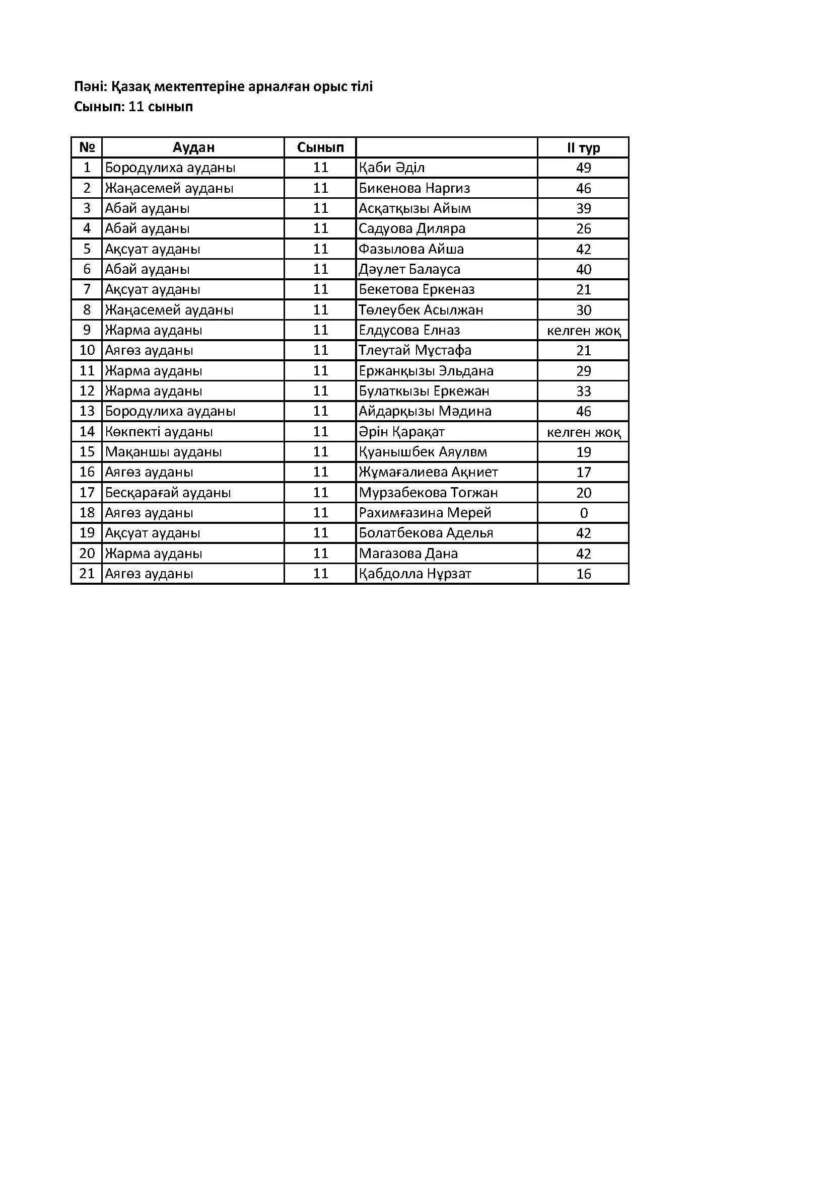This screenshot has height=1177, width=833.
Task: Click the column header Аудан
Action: pyautogui.click(x=193, y=147)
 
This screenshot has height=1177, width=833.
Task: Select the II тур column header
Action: pyautogui.click(x=583, y=147)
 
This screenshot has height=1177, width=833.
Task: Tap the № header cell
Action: pyautogui.click(x=87, y=147)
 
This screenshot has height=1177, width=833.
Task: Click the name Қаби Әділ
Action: pyautogui.click(x=391, y=168)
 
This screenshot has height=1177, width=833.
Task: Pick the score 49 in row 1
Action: pyautogui.click(x=583, y=168)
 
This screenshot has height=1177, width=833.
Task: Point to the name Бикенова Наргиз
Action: pyautogui.click(x=414, y=188)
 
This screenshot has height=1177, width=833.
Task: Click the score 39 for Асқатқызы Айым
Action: pyautogui.click(x=583, y=208)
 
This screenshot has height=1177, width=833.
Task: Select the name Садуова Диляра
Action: pyautogui.click(x=412, y=228)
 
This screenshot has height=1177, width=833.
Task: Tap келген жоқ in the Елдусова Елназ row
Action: pyautogui.click(x=583, y=330)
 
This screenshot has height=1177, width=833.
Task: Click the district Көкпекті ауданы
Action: pyautogui.click(x=159, y=432)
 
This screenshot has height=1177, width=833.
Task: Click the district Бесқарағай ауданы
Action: pyautogui.click(x=168, y=493)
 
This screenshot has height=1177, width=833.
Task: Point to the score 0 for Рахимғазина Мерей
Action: pyautogui.click(x=583, y=513)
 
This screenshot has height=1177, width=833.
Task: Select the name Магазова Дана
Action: pyautogui.click(x=408, y=554)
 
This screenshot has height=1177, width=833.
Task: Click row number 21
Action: pyautogui.click(x=87, y=574)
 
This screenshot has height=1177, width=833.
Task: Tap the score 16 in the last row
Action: pyautogui.click(x=583, y=574)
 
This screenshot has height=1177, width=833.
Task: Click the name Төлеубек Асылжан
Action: pyautogui.click(x=421, y=309)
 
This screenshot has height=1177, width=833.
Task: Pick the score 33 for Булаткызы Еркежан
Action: pyautogui.click(x=583, y=391)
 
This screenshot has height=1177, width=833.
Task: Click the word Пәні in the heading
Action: pyautogui.click(x=89, y=87)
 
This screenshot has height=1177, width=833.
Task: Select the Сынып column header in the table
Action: pyautogui.click(x=320, y=147)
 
